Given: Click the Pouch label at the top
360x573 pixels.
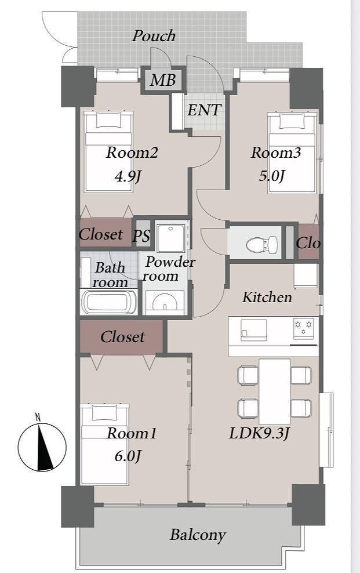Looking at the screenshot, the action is pyautogui.click(x=154, y=36).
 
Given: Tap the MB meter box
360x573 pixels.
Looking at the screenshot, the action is pyautogui.click(x=163, y=80).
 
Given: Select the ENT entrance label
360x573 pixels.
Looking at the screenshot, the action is pyautogui.click(x=204, y=110).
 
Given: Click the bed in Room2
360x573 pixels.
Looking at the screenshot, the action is pyautogui.click(x=108, y=151).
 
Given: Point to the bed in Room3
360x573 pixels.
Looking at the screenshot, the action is pyautogui.click(x=292, y=153).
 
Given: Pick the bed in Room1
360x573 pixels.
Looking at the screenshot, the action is pyautogui.click(x=105, y=444).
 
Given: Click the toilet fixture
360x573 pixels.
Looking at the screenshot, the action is pyautogui.click(x=262, y=244).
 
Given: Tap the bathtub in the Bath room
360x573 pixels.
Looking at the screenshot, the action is pyautogui.click(x=109, y=302).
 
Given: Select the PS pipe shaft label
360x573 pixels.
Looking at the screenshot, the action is pyautogui.click(x=141, y=236).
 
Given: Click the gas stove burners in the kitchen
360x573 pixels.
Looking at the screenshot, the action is pyautogui.click(x=303, y=328).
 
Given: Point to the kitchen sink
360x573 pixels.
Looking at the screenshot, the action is pyautogui.click(x=253, y=330).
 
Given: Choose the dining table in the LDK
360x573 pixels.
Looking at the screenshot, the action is pyautogui.click(x=275, y=391).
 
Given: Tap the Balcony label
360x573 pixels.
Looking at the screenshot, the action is pyautogui.click(x=198, y=535).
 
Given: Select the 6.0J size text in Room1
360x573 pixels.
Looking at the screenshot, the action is pyautogui.click(x=128, y=456).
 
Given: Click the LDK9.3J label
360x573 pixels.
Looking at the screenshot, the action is pyautogui.click(x=260, y=433).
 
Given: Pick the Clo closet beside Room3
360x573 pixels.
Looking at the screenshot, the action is pyautogui.click(x=308, y=242).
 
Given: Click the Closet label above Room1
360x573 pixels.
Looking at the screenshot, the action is pyautogui.click(x=122, y=337).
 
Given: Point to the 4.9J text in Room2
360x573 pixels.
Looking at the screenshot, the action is pyautogui.click(x=128, y=176).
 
